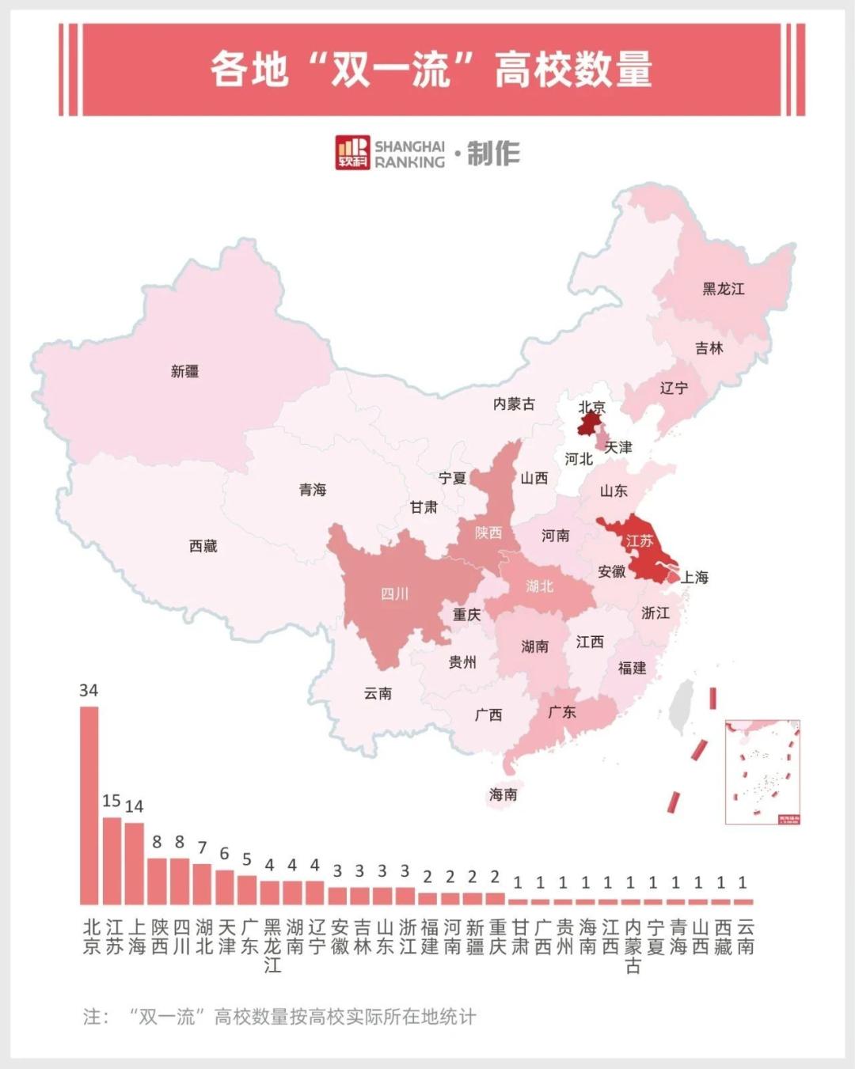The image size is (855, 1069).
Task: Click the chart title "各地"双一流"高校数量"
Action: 431,70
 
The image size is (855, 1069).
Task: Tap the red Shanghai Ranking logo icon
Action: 352,153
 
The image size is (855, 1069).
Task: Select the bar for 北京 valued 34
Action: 89,805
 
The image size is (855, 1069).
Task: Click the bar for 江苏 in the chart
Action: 112,860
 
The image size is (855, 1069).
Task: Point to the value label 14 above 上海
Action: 135,806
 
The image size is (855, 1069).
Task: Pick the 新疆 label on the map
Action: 184,371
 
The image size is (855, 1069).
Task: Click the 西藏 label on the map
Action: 203,546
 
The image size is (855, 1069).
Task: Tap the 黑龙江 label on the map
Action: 723,289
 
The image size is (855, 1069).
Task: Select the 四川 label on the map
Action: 394,593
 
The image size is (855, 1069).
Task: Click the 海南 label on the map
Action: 503,794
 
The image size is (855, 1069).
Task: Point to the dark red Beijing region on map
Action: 587,426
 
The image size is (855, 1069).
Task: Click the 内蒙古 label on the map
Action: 514,404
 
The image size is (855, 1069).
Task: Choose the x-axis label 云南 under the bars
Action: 745,937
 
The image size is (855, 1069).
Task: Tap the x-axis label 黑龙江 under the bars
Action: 272,946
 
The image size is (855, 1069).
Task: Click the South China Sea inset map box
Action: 762,771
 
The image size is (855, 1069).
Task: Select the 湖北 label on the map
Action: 539,586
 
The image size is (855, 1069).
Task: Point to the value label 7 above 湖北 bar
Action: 202,847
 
